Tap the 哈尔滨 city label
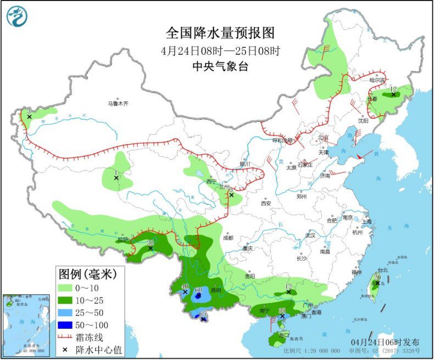[x=377, y=80]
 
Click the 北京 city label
[x=322, y=137]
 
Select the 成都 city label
[x=228, y=238]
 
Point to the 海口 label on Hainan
[x=283, y=335]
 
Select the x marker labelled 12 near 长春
[x=393, y=94]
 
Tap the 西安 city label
[x=266, y=203]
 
